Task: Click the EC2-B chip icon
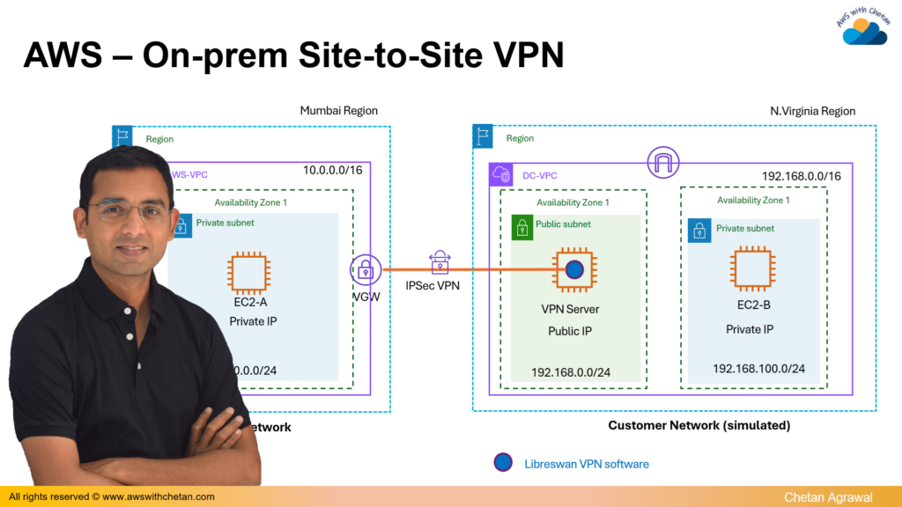(751, 268)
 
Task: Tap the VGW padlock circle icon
(366, 270)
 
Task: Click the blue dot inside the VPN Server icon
(573, 269)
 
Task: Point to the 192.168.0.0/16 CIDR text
(801, 177)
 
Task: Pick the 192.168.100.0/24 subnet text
(758, 368)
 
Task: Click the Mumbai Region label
(338, 111)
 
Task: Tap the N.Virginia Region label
(812, 111)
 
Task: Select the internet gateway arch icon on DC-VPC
(662, 162)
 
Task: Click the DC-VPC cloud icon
(502, 175)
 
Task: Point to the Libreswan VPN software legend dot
(503, 462)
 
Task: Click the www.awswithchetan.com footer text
(159, 496)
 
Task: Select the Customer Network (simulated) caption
(699, 425)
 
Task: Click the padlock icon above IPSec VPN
(439, 261)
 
